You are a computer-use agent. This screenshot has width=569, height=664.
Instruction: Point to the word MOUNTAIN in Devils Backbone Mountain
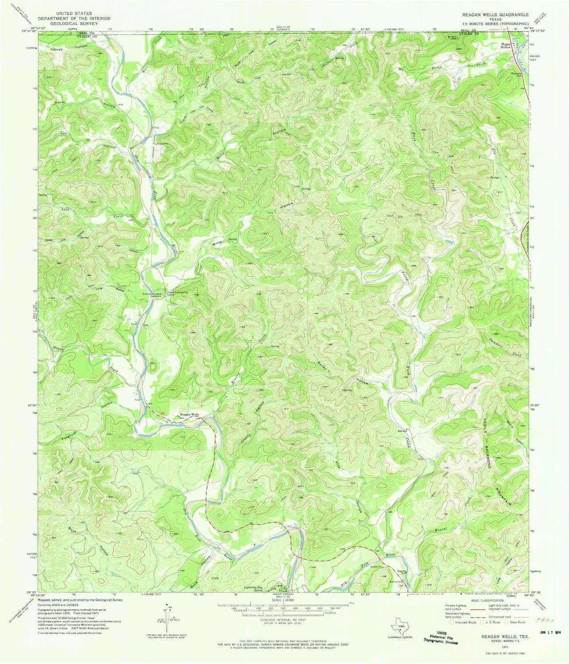click(x=503, y=489)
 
